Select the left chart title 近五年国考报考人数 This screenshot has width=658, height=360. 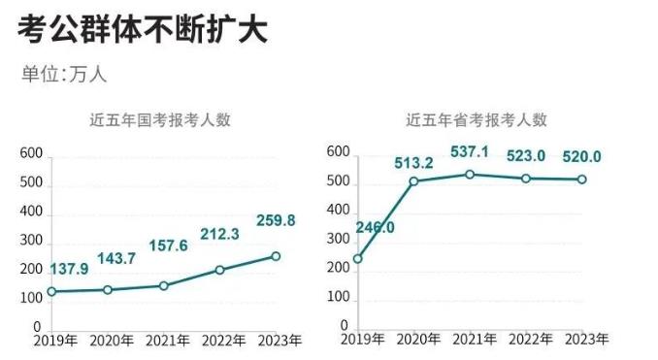click(160, 121)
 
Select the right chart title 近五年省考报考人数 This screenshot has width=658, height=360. click(477, 121)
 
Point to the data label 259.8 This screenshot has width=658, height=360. click(275, 221)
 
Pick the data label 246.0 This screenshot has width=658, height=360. click(376, 228)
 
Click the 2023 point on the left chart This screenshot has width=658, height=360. click(276, 256)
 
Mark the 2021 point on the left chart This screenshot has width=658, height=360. click(163, 285)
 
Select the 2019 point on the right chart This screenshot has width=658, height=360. click(357, 259)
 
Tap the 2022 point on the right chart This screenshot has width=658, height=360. click(526, 179)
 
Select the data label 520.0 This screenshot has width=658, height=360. click(579, 156)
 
